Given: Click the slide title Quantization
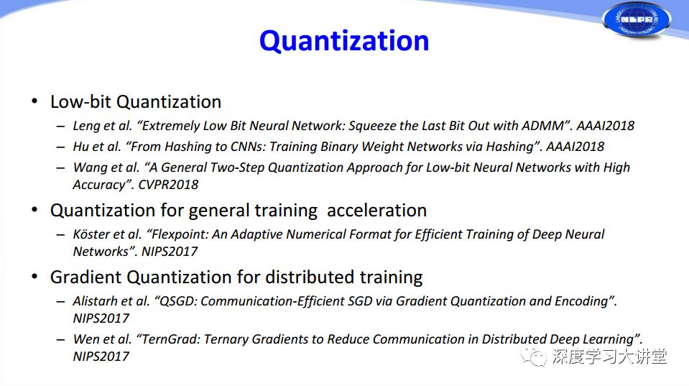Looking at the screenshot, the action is tap(344, 42).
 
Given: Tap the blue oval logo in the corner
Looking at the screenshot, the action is tap(637, 20).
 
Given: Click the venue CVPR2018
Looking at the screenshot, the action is tap(168, 185).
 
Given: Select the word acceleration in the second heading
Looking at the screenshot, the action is tap(376, 211).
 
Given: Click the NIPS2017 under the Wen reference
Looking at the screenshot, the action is tap(101, 357).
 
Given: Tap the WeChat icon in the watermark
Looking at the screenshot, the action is tap(533, 357).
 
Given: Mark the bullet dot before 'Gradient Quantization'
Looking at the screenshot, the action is tap(34, 277).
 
